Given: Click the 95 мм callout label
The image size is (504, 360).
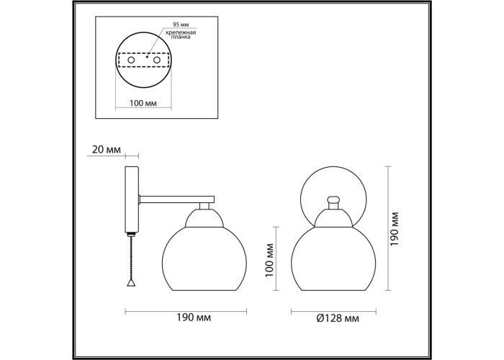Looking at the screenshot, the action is tap(181, 24).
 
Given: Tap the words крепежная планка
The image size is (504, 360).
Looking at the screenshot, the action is tap(181, 35).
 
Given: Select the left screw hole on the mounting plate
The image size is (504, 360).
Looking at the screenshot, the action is tap(131, 60).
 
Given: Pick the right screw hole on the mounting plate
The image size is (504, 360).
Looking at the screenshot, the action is tap(157, 60).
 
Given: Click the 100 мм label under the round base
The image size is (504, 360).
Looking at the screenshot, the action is tap(143, 103).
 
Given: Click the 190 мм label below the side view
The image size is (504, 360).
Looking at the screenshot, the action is tap(194, 318).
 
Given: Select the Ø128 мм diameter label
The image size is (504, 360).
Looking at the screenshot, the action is tap(338, 318).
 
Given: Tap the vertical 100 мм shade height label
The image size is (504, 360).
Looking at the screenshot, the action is tap(269, 261).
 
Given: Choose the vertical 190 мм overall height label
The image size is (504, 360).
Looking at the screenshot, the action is tap(394, 229).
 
